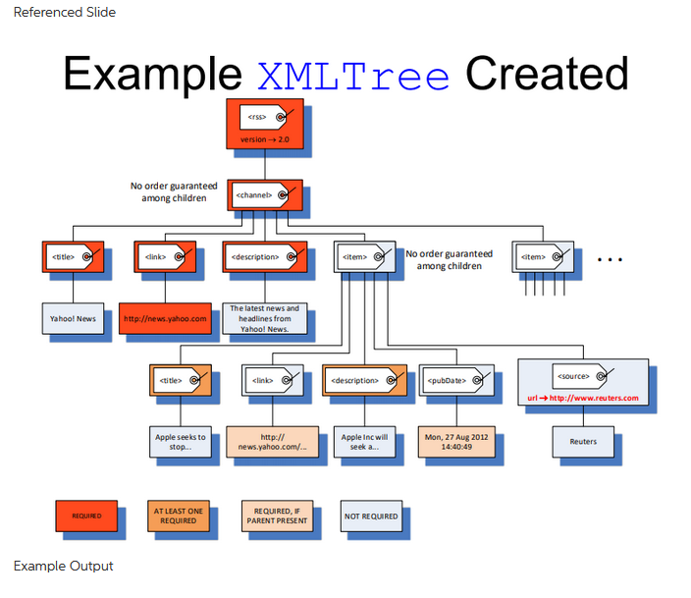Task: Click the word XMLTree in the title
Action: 352,74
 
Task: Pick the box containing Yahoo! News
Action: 74,318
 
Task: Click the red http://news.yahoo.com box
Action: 165,318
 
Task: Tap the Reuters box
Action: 582,441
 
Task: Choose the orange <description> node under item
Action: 361,379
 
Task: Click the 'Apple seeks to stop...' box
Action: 181,441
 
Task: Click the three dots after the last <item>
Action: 610,260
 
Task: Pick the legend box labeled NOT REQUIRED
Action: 371,516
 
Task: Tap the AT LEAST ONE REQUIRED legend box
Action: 178,516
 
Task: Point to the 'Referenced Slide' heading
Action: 64,13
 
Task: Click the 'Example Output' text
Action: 63,567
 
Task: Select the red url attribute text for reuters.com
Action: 582,398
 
